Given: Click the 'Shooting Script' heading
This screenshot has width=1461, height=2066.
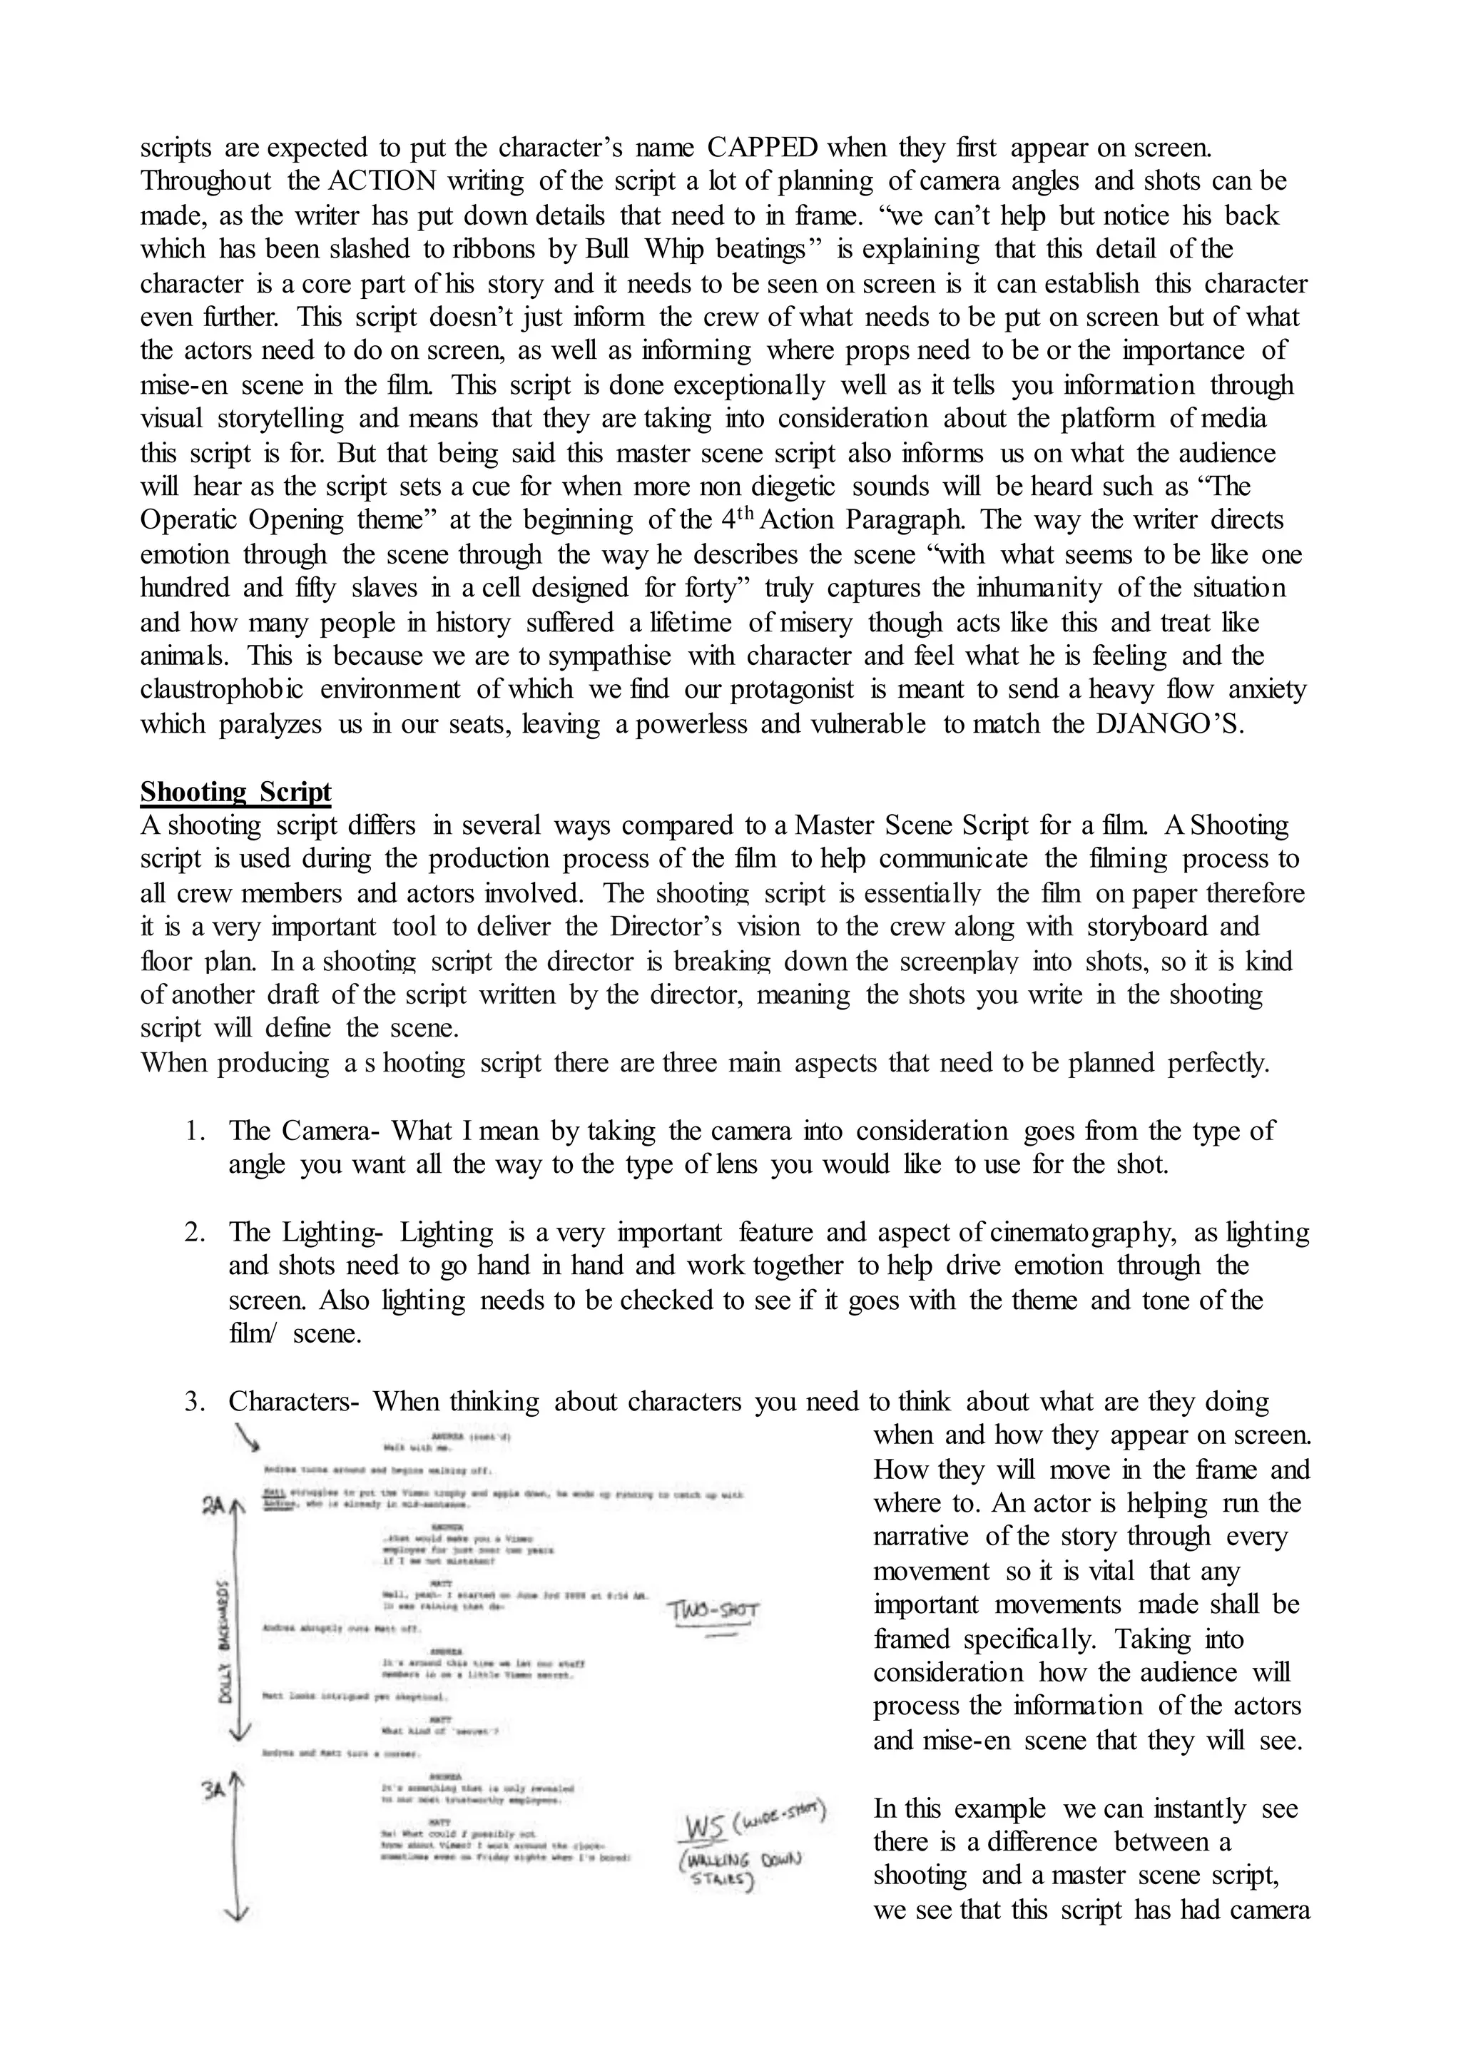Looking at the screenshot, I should point(235,792).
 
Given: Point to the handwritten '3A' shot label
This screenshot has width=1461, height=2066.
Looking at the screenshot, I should point(213,1791).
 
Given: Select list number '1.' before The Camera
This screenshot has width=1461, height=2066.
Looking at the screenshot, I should point(196,1131).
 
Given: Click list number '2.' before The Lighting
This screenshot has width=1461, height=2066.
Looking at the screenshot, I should point(196,1233).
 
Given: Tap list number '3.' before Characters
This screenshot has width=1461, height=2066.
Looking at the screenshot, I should point(196,1401).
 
